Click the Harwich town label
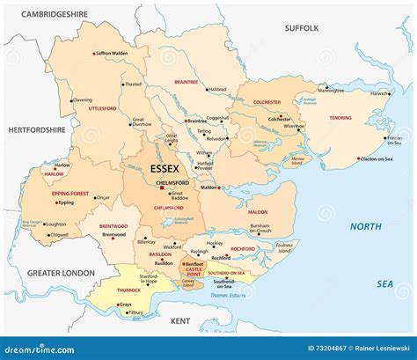click(x=380, y=93)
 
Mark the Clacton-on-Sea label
click(x=379, y=159)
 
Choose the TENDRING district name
click(x=340, y=116)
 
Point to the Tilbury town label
click(x=135, y=312)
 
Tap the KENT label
click(x=180, y=321)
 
